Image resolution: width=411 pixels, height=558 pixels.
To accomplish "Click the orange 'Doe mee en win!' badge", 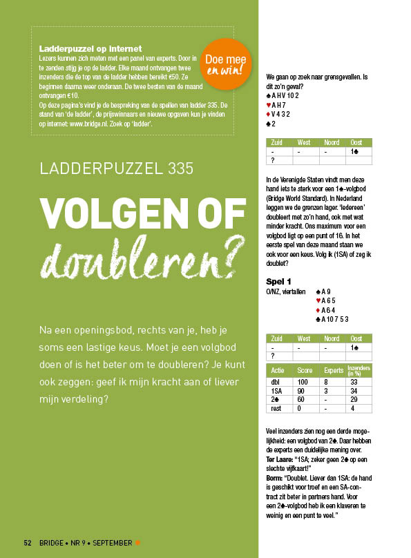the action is click(x=228, y=64).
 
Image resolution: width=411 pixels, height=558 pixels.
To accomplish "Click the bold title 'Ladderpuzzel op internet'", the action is click(x=90, y=49).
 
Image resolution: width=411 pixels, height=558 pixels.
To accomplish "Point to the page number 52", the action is click(x=28, y=541).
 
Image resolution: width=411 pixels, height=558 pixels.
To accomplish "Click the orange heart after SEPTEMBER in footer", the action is click(x=138, y=541).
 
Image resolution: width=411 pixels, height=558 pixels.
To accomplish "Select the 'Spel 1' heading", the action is click(x=279, y=282).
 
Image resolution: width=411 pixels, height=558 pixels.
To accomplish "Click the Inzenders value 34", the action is click(x=353, y=390).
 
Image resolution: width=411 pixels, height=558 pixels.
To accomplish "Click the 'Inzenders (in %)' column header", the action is click(x=359, y=370).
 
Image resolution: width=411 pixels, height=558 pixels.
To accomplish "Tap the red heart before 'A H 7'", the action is click(x=268, y=104).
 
